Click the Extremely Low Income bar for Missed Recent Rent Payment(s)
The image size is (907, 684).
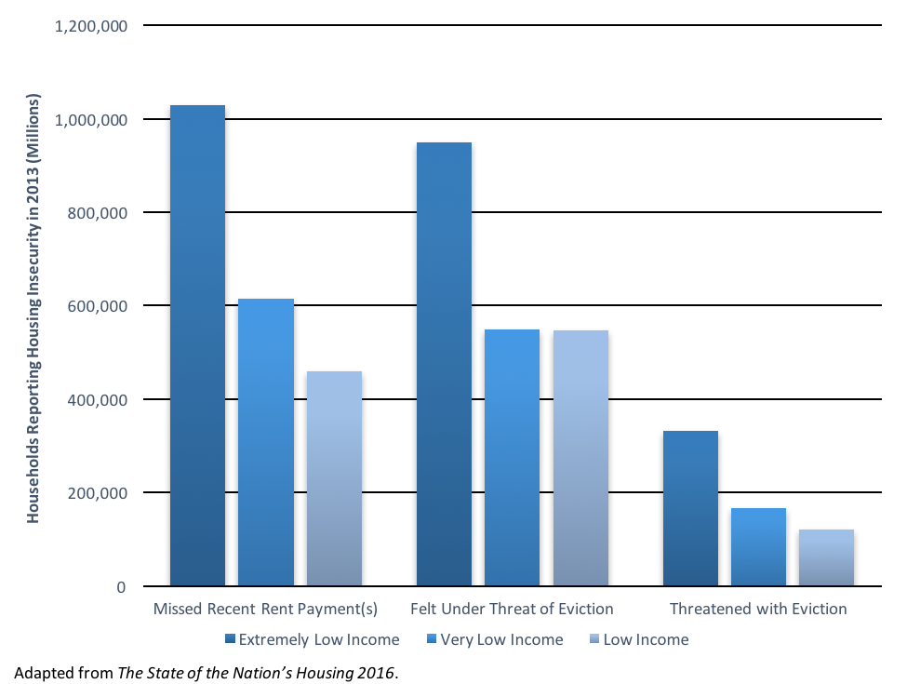tap(197, 345)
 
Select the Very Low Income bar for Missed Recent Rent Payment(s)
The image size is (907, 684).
tap(266, 442)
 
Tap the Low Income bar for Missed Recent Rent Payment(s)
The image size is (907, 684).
tap(334, 478)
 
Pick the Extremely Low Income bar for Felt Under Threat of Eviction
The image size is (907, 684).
tap(444, 364)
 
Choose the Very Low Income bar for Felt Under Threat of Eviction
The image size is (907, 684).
tap(512, 457)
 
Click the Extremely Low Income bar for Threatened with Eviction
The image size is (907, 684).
tap(690, 508)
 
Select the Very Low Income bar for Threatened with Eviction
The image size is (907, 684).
tap(758, 546)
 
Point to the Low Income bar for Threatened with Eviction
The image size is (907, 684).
tap(826, 557)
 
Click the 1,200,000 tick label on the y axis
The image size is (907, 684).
tap(91, 27)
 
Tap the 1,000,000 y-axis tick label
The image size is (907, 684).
tap(91, 121)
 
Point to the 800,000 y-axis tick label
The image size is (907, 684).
tap(97, 214)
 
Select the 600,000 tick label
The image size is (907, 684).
tap(97, 307)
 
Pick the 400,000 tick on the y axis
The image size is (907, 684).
tap(97, 401)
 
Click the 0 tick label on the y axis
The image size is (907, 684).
tap(121, 587)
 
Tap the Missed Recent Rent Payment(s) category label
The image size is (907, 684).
tap(265, 610)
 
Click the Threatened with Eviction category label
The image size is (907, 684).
tap(758, 610)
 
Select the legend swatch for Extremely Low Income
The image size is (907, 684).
tap(230, 639)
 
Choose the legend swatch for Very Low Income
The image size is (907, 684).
tap(431, 639)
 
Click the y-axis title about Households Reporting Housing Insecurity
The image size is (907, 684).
tap(33, 307)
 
